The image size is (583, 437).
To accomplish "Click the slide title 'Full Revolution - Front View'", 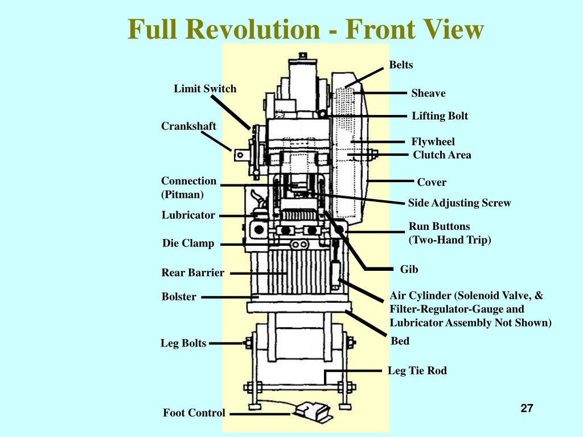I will click(305, 29).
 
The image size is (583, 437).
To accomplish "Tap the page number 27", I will click(527, 408).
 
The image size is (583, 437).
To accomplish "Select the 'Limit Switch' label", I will click(205, 89).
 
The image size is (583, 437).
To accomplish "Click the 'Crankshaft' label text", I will click(188, 126).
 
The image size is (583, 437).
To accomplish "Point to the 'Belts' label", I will click(401, 65).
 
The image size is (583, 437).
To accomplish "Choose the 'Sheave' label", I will click(428, 93).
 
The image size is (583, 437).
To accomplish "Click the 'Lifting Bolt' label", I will click(440, 116).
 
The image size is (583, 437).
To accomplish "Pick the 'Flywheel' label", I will click(433, 142).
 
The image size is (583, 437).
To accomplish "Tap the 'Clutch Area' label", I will click(442, 155).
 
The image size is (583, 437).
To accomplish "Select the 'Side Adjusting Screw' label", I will click(459, 203).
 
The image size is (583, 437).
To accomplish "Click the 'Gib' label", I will click(409, 269).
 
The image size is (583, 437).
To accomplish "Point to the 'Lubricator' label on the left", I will click(188, 215).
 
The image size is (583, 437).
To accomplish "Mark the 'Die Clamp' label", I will click(188, 244).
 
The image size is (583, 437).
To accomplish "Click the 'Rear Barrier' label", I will click(192, 273).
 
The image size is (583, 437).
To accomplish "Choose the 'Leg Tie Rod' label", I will click(417, 371).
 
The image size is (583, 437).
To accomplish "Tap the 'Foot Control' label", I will click(194, 413).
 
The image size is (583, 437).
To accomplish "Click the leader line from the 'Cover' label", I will click(392, 181).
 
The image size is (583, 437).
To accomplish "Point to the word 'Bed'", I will click(400, 341).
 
